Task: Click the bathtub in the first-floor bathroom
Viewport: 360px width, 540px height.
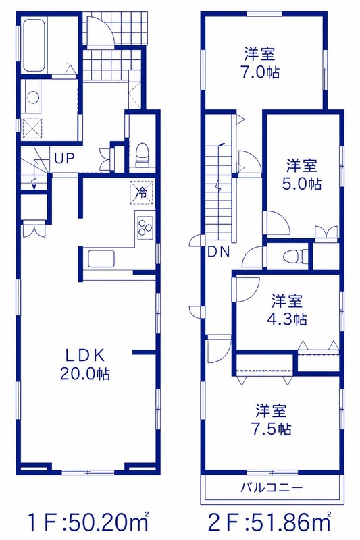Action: click(x=34, y=45)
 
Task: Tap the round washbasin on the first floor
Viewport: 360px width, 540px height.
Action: click(x=33, y=97)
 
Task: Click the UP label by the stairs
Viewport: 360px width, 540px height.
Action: click(x=64, y=159)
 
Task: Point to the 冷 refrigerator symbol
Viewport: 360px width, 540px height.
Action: click(x=142, y=192)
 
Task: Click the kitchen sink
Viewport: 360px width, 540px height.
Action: click(x=101, y=259)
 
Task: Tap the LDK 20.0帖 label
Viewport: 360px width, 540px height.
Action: click(x=84, y=364)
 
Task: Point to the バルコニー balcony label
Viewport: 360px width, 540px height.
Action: click(x=271, y=487)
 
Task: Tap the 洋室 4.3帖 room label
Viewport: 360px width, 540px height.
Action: click(x=287, y=310)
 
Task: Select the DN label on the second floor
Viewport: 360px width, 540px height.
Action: click(x=219, y=252)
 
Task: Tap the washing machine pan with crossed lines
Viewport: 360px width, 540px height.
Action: click(x=32, y=128)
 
